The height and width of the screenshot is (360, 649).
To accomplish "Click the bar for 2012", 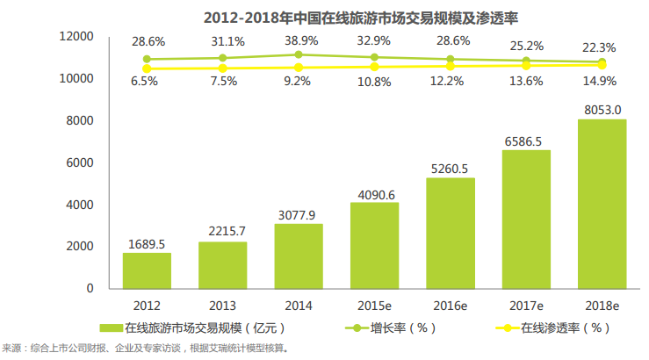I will click(x=147, y=270).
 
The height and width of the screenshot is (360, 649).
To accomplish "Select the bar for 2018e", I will click(x=602, y=204).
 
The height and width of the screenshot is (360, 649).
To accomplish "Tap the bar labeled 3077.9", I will click(x=298, y=256).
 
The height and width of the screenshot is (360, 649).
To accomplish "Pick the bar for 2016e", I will click(x=450, y=233).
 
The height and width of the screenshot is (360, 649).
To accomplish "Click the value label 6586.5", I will click(x=526, y=140).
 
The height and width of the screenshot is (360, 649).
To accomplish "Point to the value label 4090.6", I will click(x=374, y=194).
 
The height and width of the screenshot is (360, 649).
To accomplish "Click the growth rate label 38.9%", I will click(x=299, y=41).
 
